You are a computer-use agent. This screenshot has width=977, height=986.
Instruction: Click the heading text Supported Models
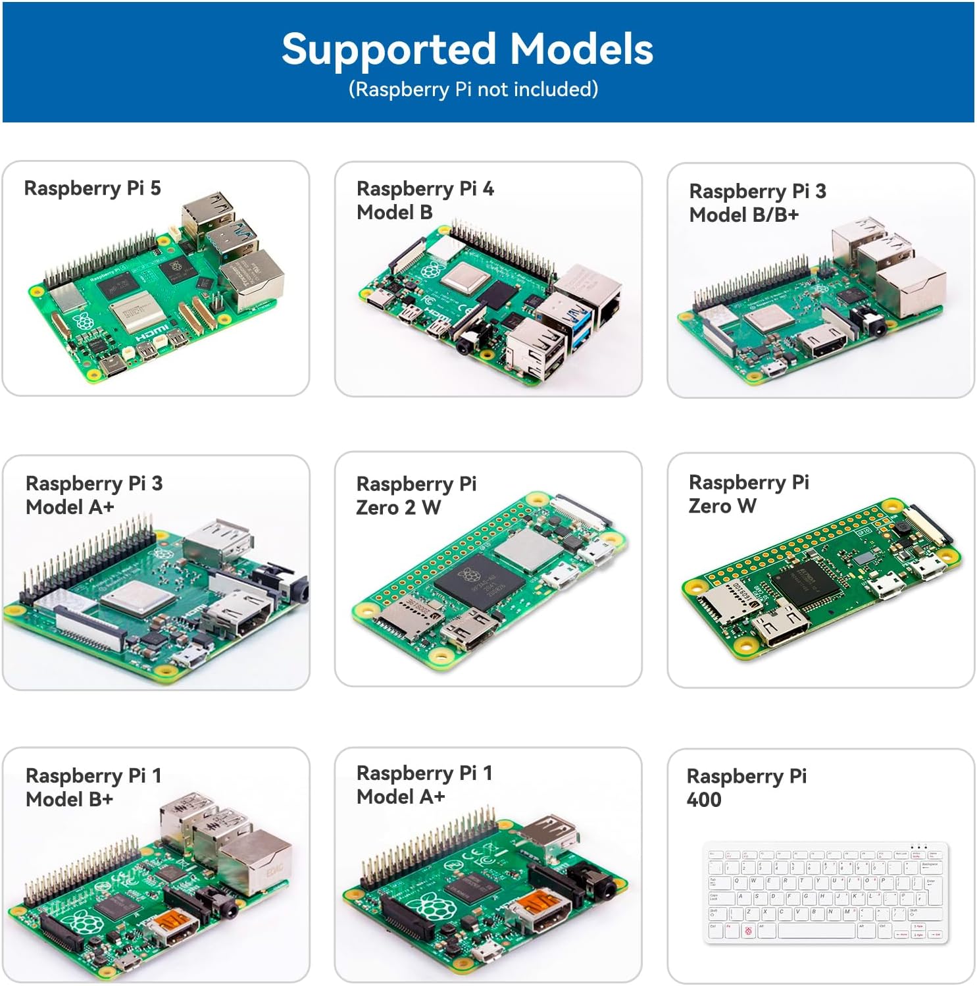click(467, 49)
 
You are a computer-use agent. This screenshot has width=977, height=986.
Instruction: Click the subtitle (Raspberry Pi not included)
click(473, 89)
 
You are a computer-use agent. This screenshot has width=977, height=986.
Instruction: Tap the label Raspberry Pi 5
click(92, 188)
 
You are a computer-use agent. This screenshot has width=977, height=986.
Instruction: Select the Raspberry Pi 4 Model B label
click(425, 200)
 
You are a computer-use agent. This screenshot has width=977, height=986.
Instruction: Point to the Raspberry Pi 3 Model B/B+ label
click(757, 203)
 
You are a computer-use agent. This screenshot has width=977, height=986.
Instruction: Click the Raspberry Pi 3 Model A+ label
click(94, 495)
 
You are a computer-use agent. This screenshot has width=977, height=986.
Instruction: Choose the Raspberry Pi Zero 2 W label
click(416, 495)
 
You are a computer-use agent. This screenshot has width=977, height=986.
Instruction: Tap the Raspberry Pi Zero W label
click(749, 494)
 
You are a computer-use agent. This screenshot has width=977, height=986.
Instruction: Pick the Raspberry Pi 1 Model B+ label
click(93, 787)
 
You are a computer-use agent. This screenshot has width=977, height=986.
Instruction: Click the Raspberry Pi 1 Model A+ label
click(424, 785)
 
